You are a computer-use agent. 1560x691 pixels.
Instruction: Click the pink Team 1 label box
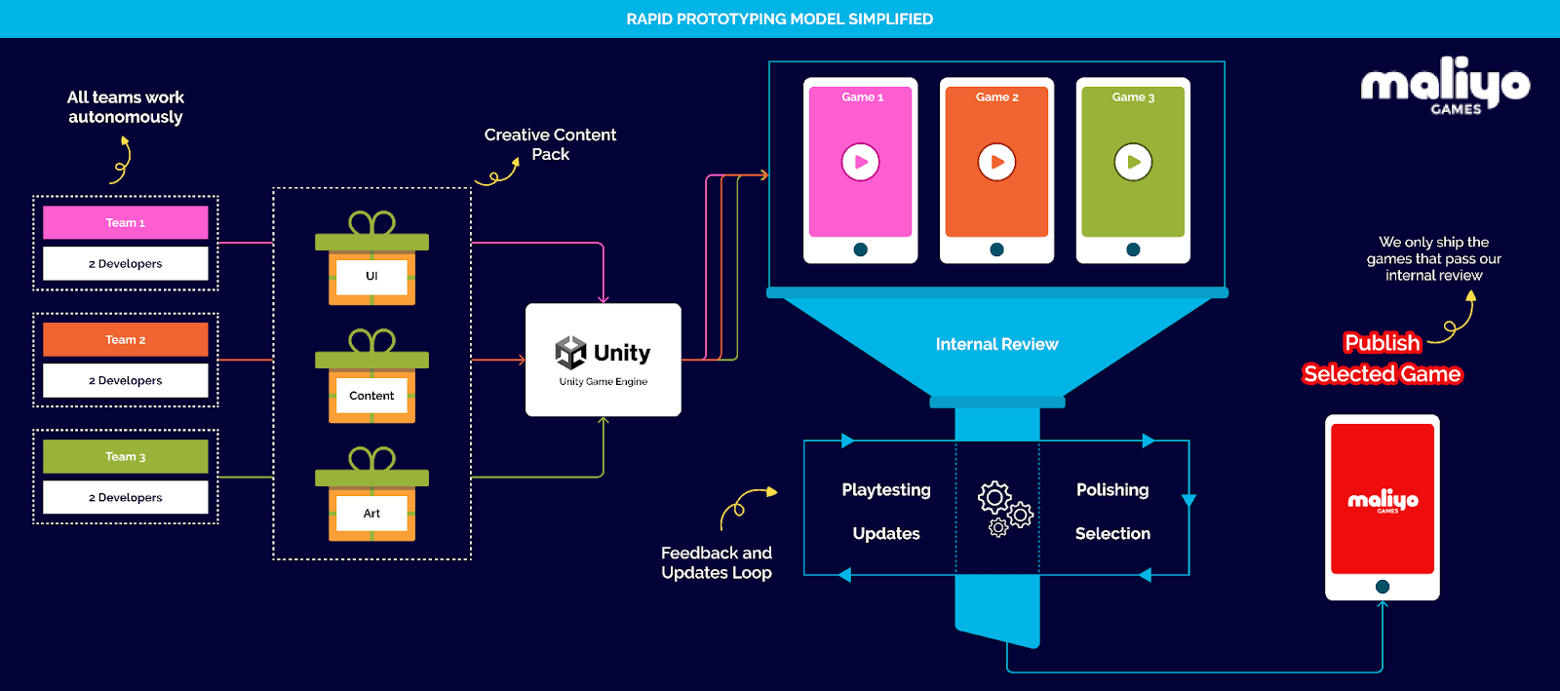(125, 222)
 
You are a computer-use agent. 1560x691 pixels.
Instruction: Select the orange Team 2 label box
(125, 339)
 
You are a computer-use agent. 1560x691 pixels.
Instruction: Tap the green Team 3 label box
(125, 456)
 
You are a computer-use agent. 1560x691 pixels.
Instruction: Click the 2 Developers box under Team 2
(125, 380)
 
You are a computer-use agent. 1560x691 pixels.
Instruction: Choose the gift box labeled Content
(371, 379)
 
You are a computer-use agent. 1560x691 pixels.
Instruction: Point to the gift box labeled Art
(371, 497)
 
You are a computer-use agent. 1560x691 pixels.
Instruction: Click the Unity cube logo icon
(570, 353)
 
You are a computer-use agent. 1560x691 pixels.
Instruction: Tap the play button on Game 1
(860, 162)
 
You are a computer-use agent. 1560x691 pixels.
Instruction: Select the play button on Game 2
(996, 162)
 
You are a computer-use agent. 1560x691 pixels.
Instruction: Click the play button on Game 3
(1133, 162)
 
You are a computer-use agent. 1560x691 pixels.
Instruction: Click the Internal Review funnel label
(996, 344)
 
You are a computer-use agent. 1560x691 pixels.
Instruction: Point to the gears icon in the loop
(1004, 508)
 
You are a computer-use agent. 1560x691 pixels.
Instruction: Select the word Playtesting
(886, 489)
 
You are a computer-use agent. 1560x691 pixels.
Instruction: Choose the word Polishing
(1112, 489)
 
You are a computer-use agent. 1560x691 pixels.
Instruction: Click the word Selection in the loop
(1112, 533)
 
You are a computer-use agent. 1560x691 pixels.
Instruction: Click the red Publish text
(1382, 343)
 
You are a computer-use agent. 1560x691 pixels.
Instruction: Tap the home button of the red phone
(1382, 587)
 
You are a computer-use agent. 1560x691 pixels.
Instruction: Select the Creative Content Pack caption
(550, 144)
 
